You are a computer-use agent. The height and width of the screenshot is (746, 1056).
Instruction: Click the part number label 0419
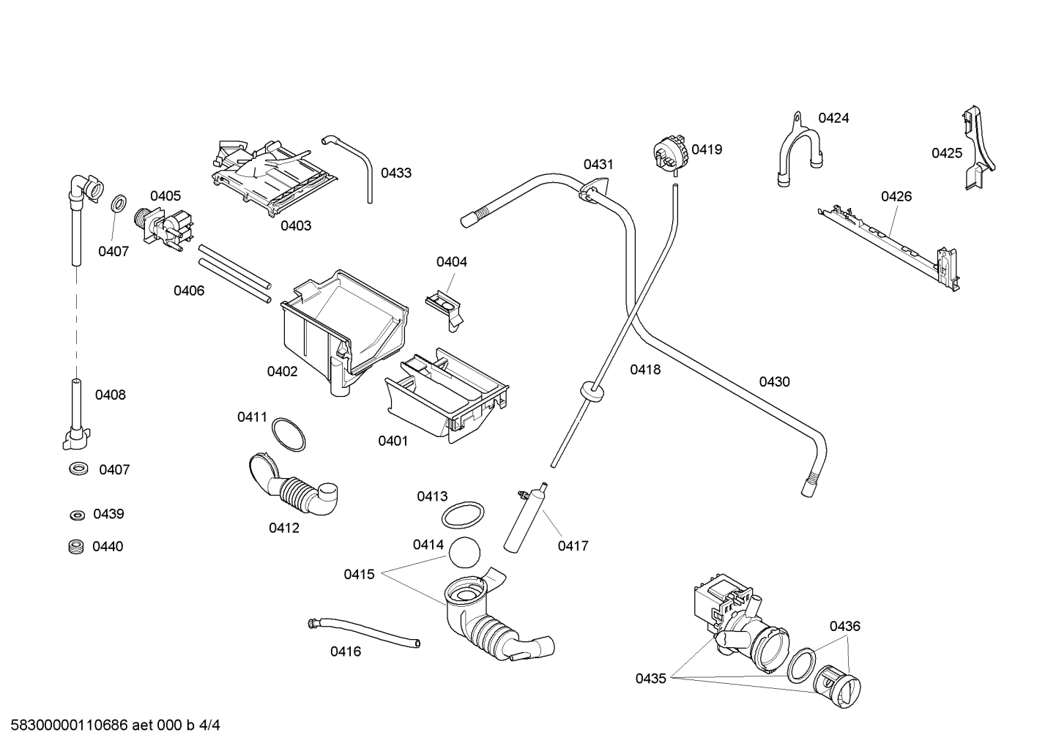(707, 149)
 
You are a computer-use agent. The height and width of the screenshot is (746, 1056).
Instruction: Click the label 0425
(946, 153)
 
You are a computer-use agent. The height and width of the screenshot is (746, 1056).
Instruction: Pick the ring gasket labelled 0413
(463, 515)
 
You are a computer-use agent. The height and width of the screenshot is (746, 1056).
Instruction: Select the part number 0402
(282, 371)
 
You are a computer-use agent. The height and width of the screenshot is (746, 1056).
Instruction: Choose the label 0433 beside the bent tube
(396, 173)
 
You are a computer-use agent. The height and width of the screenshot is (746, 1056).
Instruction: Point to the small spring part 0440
(73, 546)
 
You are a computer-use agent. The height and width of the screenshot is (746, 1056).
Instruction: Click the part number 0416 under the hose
(345, 652)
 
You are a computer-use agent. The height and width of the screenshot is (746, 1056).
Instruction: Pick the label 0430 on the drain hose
(774, 381)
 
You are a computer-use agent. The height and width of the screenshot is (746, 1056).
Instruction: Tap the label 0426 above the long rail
(896, 196)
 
